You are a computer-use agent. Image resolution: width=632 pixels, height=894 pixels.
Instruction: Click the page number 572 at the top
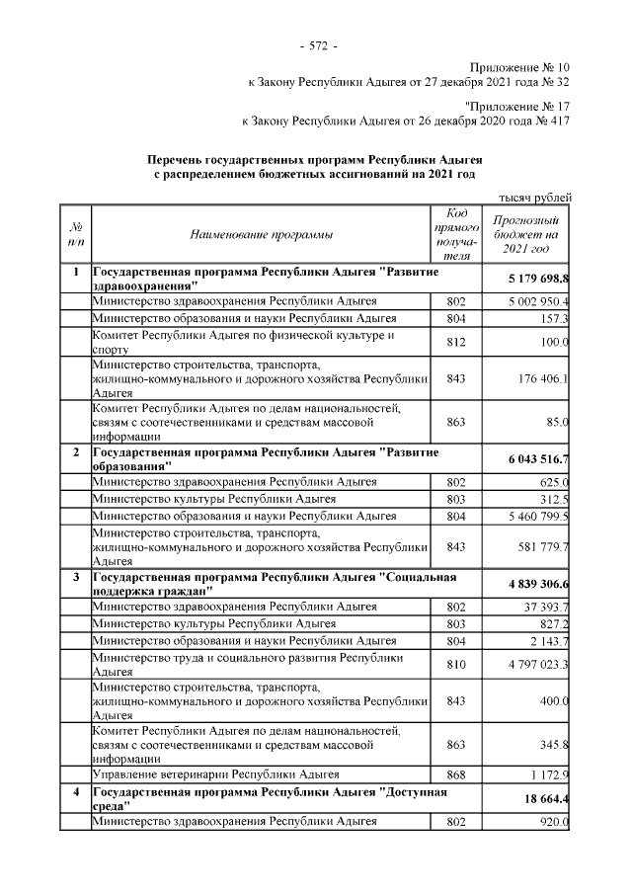pyautogui.click(x=317, y=45)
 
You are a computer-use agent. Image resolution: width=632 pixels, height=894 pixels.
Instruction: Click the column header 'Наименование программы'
pyautogui.click(x=262, y=234)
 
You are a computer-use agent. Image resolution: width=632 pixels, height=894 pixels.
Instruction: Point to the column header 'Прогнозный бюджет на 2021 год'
pyautogui.click(x=525, y=234)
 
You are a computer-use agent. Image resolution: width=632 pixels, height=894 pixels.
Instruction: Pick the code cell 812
pyautogui.click(x=455, y=342)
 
